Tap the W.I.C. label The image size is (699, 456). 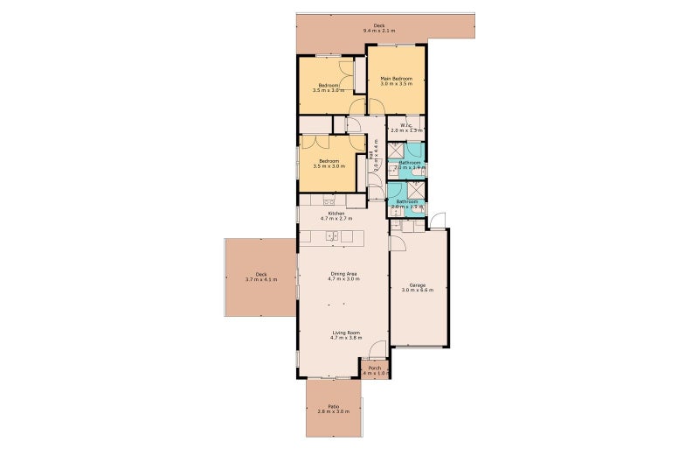(x=406, y=125)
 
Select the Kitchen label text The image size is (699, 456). (x=336, y=214)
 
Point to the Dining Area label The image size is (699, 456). (x=343, y=274)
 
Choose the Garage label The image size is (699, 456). (x=418, y=284)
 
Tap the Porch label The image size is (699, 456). (x=374, y=368)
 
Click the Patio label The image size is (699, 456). (x=333, y=406)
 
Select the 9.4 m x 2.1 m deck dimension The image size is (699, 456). (x=379, y=32)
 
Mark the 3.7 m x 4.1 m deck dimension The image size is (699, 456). (x=260, y=279)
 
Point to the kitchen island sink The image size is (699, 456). (x=332, y=236)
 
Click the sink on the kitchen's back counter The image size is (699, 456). (x=329, y=200)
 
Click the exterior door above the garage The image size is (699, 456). (x=437, y=221)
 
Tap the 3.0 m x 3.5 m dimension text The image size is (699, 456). (x=396, y=85)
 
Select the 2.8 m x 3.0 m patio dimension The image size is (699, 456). (x=333, y=411)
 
